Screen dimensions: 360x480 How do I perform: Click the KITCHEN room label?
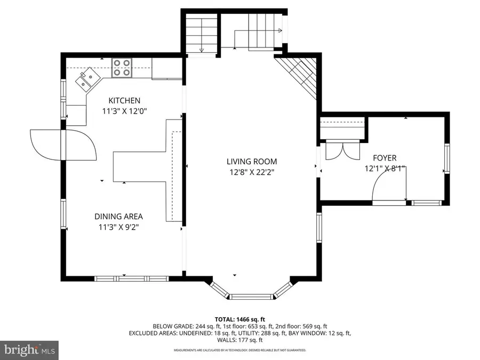tap(124, 100)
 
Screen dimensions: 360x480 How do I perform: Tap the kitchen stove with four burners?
tap(122, 67)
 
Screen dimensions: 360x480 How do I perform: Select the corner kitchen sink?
tap(87, 81)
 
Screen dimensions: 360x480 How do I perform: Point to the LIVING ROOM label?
tap(252, 161)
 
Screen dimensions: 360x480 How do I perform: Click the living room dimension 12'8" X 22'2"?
tap(252, 172)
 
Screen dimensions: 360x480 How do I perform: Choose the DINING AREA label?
tap(118, 217)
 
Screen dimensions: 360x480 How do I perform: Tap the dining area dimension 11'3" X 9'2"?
tap(118, 228)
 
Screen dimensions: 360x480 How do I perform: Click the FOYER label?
tap(385, 158)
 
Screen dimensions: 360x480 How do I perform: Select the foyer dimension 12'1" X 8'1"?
tap(385, 169)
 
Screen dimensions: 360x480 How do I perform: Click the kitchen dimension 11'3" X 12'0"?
tap(124, 111)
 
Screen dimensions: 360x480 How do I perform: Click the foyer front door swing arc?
tap(387, 187)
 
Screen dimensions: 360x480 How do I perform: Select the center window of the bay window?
tap(252, 296)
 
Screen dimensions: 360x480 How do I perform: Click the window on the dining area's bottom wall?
tap(131, 278)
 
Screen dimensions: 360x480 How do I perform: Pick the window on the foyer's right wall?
tap(447, 158)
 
